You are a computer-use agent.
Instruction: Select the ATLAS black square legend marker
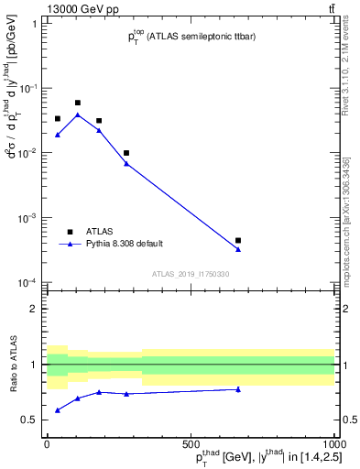pos(70,232)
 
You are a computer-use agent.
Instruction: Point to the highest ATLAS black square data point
pos(78,103)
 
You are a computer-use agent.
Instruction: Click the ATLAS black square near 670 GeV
pos(238,240)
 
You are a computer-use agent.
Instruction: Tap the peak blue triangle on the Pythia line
pos(78,115)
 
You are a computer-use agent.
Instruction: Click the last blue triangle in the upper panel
pos(238,249)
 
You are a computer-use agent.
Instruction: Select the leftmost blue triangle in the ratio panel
pos(58,409)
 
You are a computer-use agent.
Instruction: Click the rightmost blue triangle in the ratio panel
pos(238,389)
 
